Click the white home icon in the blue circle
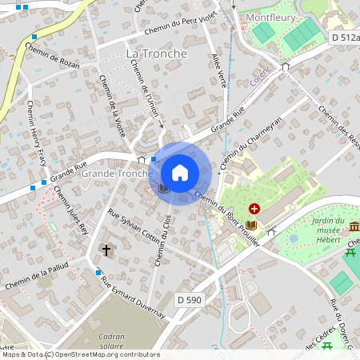tap(180, 173)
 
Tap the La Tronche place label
tap(157, 54)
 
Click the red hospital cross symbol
tap(254, 207)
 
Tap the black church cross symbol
tap(106, 250)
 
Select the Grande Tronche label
tap(117, 174)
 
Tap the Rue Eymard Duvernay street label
tap(131, 297)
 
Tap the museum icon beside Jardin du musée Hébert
tap(354, 226)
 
